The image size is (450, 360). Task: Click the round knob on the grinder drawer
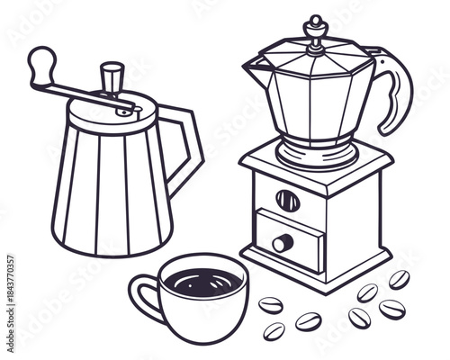[x=283, y=242]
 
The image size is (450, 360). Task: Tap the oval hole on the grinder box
[x=287, y=200]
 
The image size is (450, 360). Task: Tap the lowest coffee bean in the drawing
[x=274, y=330]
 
